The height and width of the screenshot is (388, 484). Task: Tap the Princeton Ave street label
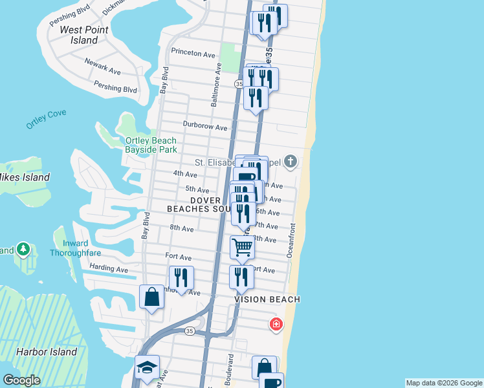[x=193, y=54]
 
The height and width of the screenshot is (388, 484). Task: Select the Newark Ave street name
[x=102, y=66]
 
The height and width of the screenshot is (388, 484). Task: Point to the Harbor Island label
[x=47, y=352]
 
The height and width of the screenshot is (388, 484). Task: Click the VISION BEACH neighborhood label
[x=267, y=299]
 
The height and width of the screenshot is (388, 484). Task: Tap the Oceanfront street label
[x=291, y=240]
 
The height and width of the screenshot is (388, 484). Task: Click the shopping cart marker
[x=242, y=246]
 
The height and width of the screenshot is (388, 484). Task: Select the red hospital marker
[x=276, y=323]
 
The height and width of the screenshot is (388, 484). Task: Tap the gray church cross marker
[x=291, y=161]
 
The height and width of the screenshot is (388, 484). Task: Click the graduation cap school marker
[x=146, y=367]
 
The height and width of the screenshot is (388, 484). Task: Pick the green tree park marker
[x=23, y=248]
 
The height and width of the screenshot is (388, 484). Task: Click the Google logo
[x=21, y=380]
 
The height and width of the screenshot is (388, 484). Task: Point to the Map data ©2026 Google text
[x=444, y=383]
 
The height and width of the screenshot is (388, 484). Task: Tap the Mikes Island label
[x=25, y=177]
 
